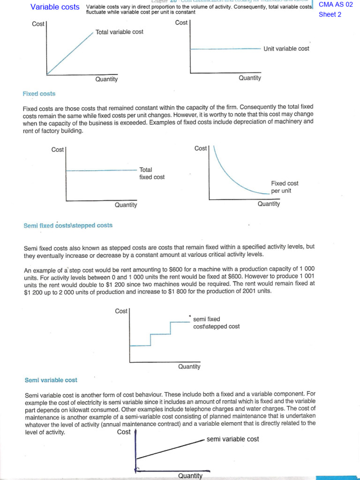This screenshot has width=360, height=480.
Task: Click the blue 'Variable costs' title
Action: pyautogui.click(x=55, y=7)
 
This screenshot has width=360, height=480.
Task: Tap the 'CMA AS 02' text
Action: pyautogui.click(x=335, y=5)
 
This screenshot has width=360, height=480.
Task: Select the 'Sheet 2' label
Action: pyautogui.click(x=330, y=15)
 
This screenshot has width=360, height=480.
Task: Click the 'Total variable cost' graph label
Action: pyautogui.click(x=119, y=32)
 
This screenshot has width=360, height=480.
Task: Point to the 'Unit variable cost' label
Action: pyautogui.click(x=286, y=48)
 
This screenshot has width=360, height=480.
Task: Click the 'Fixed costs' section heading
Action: pyautogui.click(x=39, y=94)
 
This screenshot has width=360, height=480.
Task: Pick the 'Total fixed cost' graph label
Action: pyautogui.click(x=152, y=173)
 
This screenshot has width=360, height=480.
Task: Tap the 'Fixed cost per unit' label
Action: pyautogui.click(x=285, y=187)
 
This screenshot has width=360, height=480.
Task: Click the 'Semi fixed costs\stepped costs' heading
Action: pyautogui.click(x=68, y=225)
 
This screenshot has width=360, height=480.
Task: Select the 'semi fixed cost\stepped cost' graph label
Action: pyautogui.click(x=216, y=323)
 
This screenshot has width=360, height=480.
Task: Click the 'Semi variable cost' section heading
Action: pyautogui.click(x=51, y=380)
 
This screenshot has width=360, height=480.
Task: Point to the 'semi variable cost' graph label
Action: pyautogui.click(x=232, y=439)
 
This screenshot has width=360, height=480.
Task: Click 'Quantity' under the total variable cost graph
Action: pyautogui.click(x=106, y=79)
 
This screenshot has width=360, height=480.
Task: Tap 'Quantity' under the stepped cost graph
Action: pyautogui.click(x=189, y=367)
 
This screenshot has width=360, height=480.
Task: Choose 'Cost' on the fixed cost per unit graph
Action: pyautogui.click(x=201, y=148)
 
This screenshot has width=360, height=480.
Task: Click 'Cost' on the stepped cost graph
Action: pyautogui.click(x=121, y=311)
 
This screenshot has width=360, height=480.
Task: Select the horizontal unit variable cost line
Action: pyautogui.click(x=225, y=49)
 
